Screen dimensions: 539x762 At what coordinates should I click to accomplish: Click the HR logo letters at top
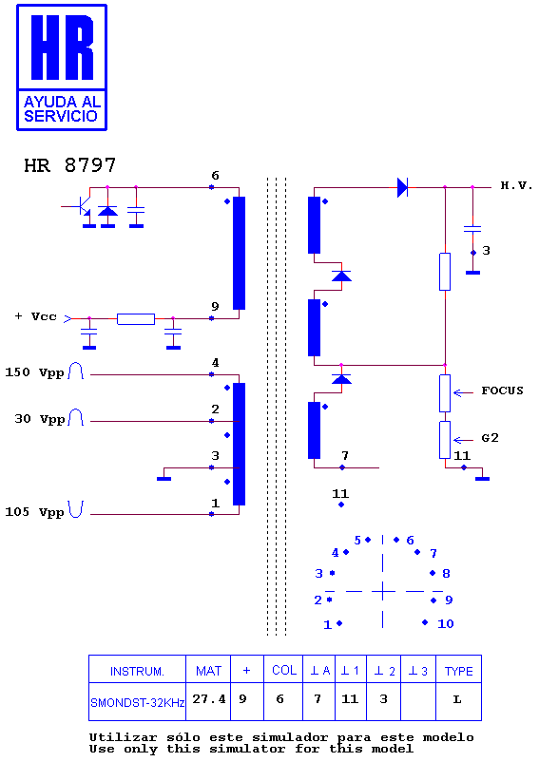click(x=62, y=48)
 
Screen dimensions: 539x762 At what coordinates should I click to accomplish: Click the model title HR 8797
click(x=70, y=165)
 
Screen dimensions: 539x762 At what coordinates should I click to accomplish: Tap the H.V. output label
click(x=516, y=185)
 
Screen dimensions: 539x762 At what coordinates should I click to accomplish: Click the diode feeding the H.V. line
click(x=402, y=187)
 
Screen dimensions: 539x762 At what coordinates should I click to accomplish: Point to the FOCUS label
click(x=502, y=391)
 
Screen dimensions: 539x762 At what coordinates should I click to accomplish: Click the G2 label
click(x=490, y=438)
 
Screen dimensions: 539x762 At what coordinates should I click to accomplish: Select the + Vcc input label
click(x=36, y=316)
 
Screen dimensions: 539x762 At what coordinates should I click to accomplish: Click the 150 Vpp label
click(x=34, y=372)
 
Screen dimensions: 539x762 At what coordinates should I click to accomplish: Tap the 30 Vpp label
click(x=40, y=419)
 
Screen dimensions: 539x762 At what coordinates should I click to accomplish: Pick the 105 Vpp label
click(x=34, y=512)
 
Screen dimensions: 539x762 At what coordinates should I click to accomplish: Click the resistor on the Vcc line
click(x=136, y=319)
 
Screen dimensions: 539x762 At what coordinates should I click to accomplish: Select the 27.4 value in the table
click(x=209, y=699)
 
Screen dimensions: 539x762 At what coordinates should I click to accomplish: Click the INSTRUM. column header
click(x=137, y=671)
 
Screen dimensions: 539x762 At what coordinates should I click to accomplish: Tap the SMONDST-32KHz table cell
click(x=138, y=703)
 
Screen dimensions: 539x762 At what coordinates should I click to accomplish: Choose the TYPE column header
click(x=458, y=671)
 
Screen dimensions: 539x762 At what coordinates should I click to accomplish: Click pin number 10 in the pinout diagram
click(x=446, y=624)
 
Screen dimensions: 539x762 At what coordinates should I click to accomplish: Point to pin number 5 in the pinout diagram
click(x=357, y=541)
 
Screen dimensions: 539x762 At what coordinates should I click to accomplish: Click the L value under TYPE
click(x=457, y=699)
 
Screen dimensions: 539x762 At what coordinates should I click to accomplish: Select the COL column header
click(x=284, y=671)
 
